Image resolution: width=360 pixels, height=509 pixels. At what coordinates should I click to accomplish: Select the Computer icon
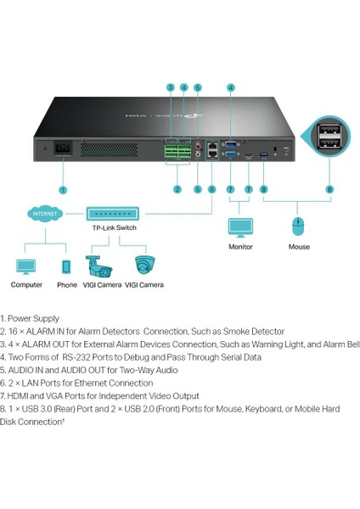25,267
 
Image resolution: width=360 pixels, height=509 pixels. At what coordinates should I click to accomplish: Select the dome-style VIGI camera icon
145,266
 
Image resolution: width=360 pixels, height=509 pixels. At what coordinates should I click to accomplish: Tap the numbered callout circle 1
63,190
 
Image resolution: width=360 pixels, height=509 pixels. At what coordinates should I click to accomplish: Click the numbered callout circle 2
177,190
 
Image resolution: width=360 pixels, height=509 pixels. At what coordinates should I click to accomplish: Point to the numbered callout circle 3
170,87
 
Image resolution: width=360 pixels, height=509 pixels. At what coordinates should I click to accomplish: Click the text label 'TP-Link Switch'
114,228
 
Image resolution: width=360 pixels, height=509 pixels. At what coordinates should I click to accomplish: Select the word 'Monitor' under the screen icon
240,247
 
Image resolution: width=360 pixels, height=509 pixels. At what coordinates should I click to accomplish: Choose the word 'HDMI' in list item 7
16,395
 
